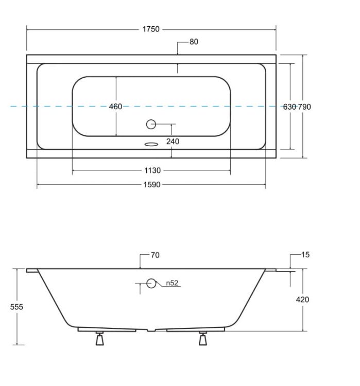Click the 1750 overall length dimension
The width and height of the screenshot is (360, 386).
[x=151, y=29]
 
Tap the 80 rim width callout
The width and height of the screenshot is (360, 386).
[x=194, y=42]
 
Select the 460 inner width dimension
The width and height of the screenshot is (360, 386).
[x=115, y=107]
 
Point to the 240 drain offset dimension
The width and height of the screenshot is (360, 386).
[x=173, y=142]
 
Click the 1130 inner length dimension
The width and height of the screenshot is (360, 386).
[x=152, y=170]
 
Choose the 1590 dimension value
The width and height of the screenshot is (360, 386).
[x=152, y=185]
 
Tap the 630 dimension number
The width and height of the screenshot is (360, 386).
[x=289, y=107]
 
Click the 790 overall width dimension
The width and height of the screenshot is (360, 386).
[x=304, y=107]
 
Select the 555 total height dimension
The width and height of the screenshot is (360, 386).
[x=16, y=307]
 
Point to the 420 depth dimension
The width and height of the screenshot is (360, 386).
[x=302, y=300]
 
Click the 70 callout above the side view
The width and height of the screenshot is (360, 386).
[x=155, y=255]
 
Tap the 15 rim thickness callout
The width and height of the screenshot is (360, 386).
[x=305, y=255]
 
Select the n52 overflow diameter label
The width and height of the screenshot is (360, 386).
[x=172, y=283]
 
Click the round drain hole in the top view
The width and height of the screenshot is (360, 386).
[x=151, y=125]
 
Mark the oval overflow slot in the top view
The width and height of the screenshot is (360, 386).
[x=151, y=144]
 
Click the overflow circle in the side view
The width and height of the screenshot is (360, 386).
[x=151, y=284]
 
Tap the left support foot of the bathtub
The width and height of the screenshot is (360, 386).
[x=99, y=339]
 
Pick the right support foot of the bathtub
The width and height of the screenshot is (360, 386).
[x=203, y=339]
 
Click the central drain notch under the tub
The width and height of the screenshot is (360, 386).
[x=151, y=330]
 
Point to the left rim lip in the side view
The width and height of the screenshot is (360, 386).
[x=32, y=270]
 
